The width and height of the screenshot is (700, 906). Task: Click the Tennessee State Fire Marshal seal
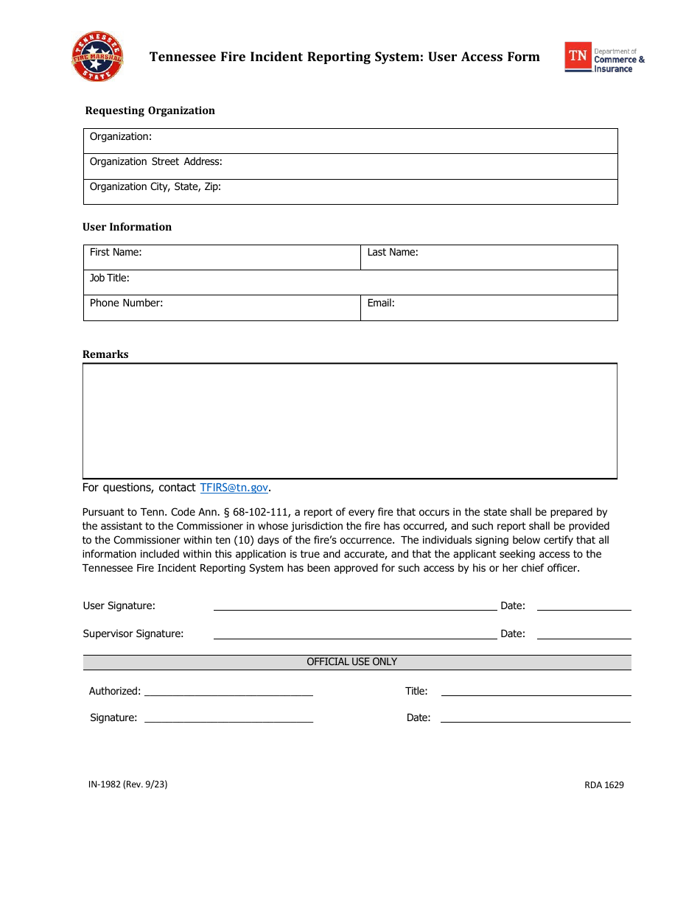click(x=97, y=57)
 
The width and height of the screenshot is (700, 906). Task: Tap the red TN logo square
click(x=578, y=57)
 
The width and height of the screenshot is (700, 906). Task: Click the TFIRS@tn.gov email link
click(x=234, y=488)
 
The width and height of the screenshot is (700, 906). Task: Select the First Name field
click(x=222, y=258)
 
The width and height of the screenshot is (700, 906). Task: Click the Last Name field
click(x=489, y=258)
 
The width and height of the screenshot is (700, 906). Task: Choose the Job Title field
click(x=350, y=283)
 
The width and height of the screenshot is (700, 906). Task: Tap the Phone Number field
click(x=222, y=308)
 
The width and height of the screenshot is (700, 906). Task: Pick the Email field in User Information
click(x=489, y=308)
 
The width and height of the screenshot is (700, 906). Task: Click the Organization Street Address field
click(x=350, y=166)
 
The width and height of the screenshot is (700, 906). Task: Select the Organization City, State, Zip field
click(x=350, y=192)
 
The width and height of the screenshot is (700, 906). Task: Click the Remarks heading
click(x=105, y=354)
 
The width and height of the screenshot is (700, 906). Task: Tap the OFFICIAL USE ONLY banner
click(x=352, y=662)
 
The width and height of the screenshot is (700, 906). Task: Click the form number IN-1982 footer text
click(x=127, y=784)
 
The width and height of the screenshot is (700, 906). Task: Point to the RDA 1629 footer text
click(x=604, y=785)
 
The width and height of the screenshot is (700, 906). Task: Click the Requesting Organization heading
click(x=150, y=110)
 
